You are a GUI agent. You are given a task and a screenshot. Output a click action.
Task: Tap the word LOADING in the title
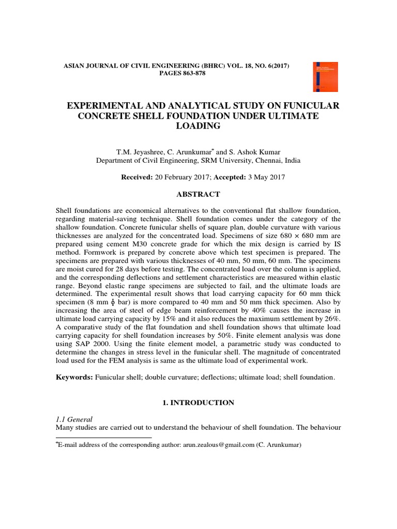[x=198, y=126]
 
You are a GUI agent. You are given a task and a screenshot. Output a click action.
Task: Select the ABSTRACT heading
[x=198, y=194]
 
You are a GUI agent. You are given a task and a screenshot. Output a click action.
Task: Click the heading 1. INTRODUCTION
[x=198, y=402]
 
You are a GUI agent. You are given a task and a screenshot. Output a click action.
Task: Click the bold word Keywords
[x=74, y=377]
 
